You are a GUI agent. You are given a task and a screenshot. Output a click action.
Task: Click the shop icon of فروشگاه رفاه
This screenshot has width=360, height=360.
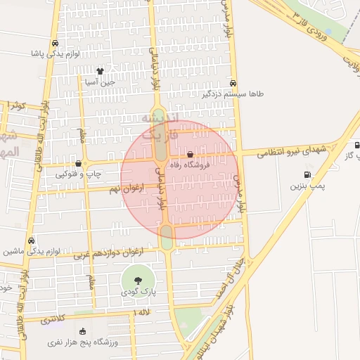coord(190,155)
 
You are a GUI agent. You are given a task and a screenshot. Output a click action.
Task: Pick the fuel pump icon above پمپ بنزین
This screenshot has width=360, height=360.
coord(307,175)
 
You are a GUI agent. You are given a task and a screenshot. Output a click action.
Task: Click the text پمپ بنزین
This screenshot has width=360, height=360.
coord(307,187)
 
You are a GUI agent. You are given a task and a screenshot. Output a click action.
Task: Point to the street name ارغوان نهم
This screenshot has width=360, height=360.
coord(127,188)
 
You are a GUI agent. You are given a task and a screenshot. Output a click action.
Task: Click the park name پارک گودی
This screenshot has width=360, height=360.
coord(143,290)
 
